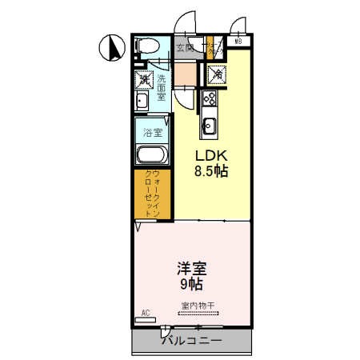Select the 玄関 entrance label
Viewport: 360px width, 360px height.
point(185,47)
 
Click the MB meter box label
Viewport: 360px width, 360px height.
point(239,42)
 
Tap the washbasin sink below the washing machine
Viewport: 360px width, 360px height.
point(142,101)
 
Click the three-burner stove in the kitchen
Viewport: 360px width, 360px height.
point(210,100)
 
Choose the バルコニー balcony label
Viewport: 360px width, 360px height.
point(191,340)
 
